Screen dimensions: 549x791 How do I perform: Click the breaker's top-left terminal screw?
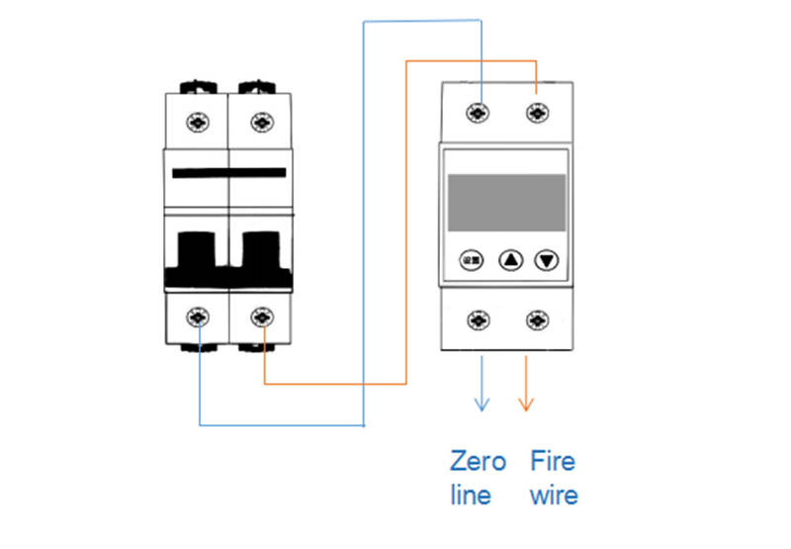coord(199,122)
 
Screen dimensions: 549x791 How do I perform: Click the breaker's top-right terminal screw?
coord(261,122)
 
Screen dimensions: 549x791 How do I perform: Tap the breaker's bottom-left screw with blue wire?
coord(199,318)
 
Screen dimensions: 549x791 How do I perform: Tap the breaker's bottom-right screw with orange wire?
coord(261,318)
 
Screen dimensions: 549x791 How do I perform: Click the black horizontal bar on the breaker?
coord(229,173)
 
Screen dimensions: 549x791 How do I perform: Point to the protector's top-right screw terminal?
coord(537,111)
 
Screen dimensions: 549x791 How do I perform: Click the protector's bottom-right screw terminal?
coord(537,320)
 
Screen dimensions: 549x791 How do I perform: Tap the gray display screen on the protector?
coord(507,203)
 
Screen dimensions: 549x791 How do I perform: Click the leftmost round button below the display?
coord(472,261)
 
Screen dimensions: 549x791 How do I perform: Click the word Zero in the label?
coord(478,461)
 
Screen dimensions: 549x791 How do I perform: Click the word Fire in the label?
coord(552,461)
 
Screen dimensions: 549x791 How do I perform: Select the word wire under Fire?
coord(554,495)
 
